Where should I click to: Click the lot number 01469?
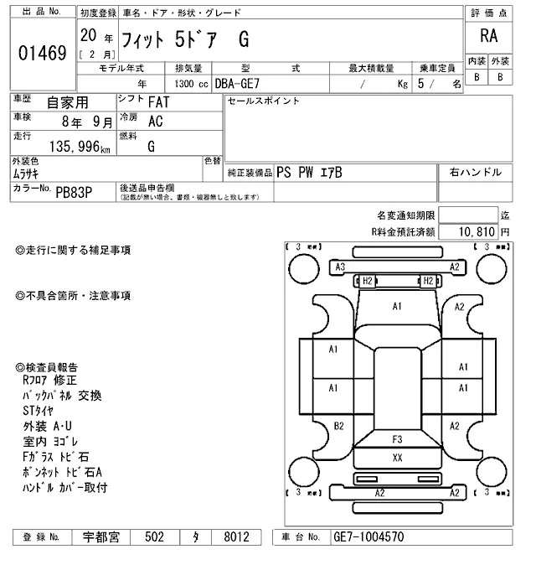[41, 54]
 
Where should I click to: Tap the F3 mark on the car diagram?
[397, 438]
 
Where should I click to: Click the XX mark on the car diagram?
[397, 457]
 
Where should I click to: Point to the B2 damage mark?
[339, 426]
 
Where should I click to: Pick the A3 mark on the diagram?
[340, 267]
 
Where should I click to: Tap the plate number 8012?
[230, 536]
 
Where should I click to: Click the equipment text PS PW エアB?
[309, 173]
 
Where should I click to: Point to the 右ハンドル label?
[475, 173]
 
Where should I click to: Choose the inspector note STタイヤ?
[38, 410]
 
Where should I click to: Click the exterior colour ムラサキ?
[29, 174]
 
